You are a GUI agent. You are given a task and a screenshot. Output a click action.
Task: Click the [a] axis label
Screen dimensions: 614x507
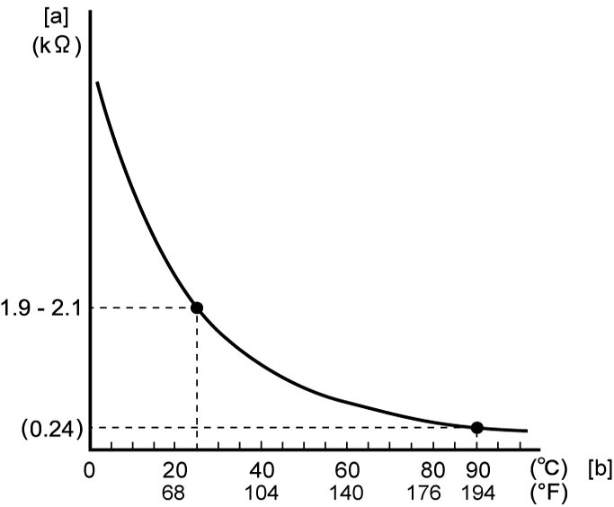pos(57,18)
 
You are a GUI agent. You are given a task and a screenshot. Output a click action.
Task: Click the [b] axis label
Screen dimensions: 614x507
pos(600,469)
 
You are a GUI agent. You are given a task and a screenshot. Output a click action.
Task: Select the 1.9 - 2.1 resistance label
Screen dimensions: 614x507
pos(40,308)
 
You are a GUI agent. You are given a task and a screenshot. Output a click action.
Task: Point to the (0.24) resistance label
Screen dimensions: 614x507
pos(52,430)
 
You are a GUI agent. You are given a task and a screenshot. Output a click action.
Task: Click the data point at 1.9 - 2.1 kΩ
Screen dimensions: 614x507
pos(197,307)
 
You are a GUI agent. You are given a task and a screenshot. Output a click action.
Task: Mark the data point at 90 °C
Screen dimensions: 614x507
pos(476,428)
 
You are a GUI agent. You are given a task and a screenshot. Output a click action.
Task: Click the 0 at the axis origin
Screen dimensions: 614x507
pos(89,470)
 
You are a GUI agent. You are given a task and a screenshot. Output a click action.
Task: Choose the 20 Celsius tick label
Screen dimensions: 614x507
pos(174,470)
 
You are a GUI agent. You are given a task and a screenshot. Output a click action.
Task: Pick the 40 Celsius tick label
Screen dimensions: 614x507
pos(262,470)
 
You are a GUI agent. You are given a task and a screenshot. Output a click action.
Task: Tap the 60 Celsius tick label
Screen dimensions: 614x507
pos(347,470)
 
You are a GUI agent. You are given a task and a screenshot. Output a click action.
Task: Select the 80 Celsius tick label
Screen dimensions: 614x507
pos(432,470)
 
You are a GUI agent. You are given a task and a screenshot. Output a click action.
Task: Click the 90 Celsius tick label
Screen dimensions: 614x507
pos(477,470)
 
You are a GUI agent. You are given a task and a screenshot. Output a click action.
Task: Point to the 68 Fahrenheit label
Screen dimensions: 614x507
pos(174,493)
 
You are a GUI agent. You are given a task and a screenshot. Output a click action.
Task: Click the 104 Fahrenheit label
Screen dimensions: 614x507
pos(262,493)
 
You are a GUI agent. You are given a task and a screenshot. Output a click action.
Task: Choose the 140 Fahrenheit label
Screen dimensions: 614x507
pos(346,493)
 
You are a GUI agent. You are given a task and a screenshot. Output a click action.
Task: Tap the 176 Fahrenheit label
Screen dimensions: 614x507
pos(423,493)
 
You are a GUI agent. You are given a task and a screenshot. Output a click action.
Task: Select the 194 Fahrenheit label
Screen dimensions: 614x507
pos(477,493)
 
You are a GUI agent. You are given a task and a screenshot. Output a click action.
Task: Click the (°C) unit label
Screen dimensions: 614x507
pos(548,468)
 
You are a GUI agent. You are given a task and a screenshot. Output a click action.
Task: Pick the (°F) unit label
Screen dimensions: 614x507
pos(548,493)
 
